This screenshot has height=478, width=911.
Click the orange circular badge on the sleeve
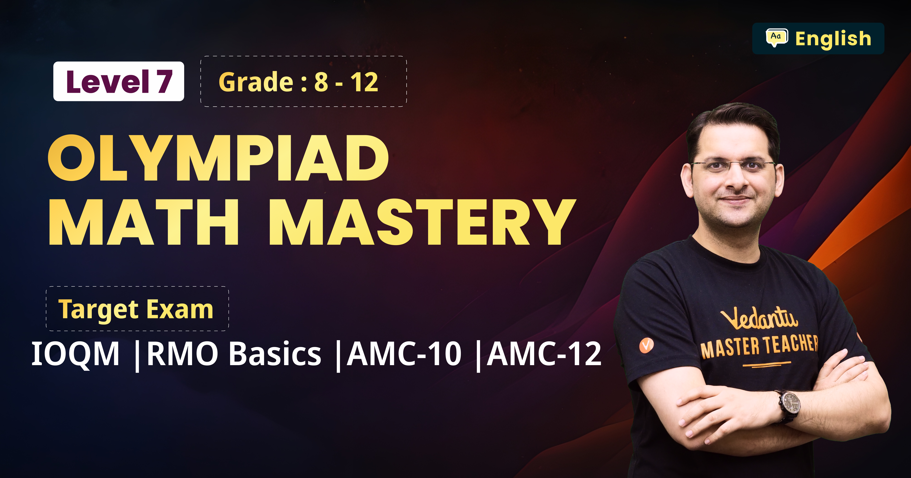coord(646,345)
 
